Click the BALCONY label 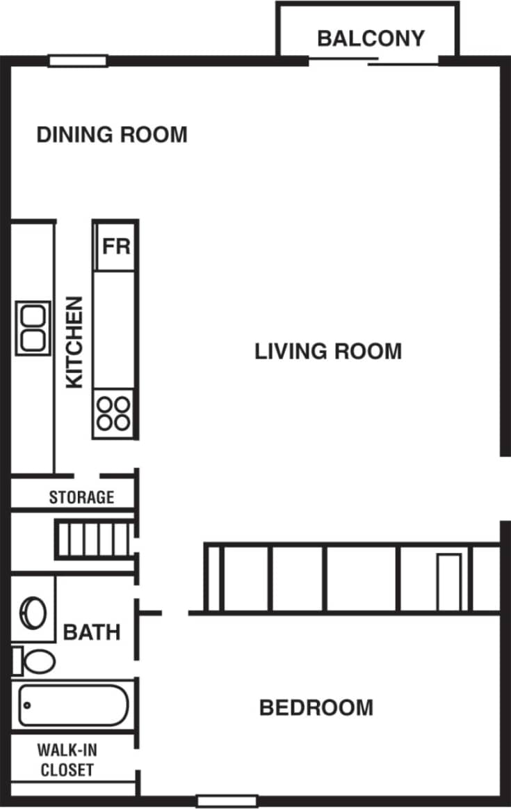pos(370,38)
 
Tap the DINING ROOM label pos(112,134)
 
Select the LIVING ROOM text pos(328,351)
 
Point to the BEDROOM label pos(316,708)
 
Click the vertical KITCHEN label pos(74,342)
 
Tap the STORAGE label pos(81,497)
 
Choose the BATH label pos(92,632)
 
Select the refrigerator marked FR pos(116,246)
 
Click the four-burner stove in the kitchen pos(114,412)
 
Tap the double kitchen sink pos(33,328)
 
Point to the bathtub pos(72,705)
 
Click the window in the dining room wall pos(78,61)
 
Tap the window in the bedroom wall pos(227,801)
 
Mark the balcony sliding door pos(373,61)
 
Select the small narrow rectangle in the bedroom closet pos(448,582)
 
